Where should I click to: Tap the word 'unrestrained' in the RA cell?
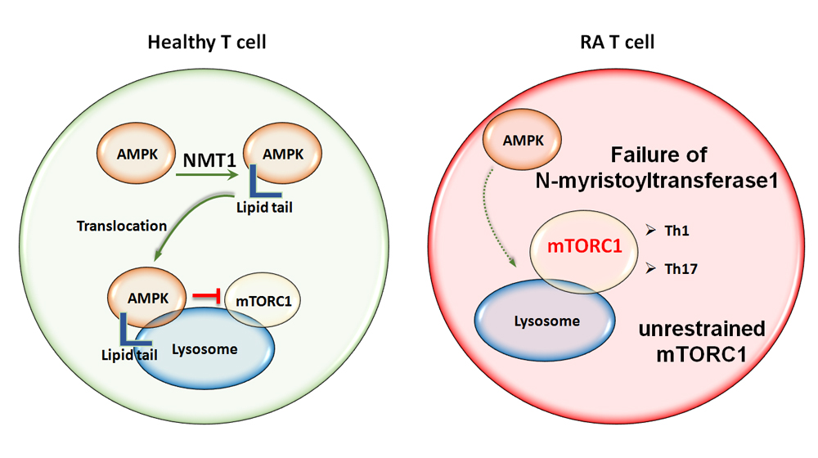coord(701,330)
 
